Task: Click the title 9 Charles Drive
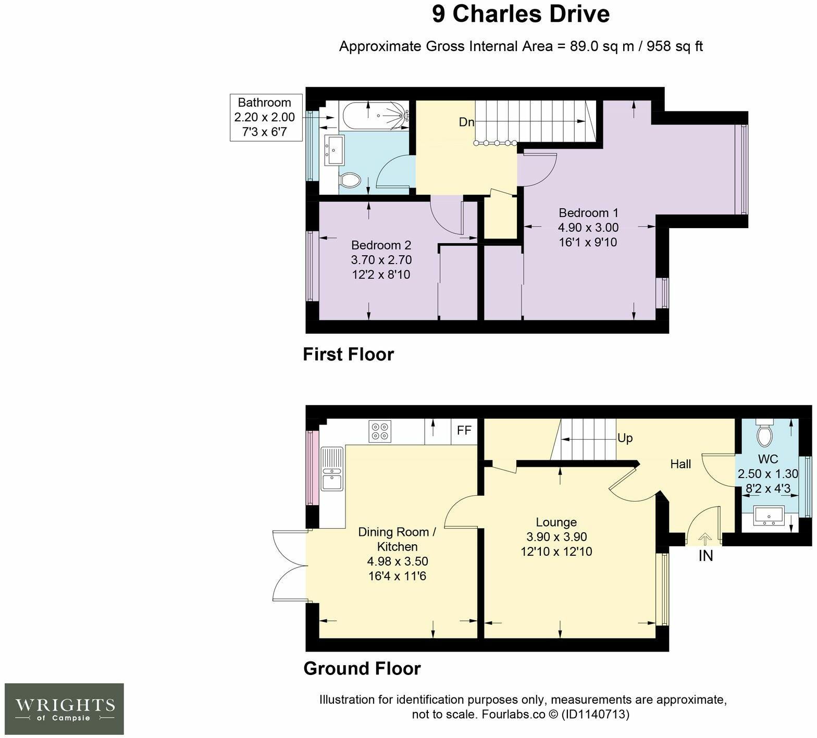pyautogui.click(x=521, y=14)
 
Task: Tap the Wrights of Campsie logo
pyautogui.click(x=65, y=709)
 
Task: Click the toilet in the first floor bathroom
pyautogui.click(x=350, y=181)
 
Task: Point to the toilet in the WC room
pyautogui.click(x=765, y=433)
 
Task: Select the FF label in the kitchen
pyautogui.click(x=464, y=431)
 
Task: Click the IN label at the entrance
pyautogui.click(x=705, y=556)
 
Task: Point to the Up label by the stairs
pyautogui.click(x=625, y=438)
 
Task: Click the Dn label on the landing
pyautogui.click(x=466, y=122)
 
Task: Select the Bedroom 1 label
pyautogui.click(x=588, y=212)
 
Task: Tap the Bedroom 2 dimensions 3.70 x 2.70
pyautogui.click(x=381, y=259)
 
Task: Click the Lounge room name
pyautogui.click(x=556, y=522)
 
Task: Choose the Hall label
pyautogui.click(x=680, y=464)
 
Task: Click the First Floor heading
pyautogui.click(x=349, y=354)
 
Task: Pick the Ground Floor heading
pyautogui.click(x=362, y=668)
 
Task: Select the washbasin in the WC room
pyautogui.click(x=770, y=517)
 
